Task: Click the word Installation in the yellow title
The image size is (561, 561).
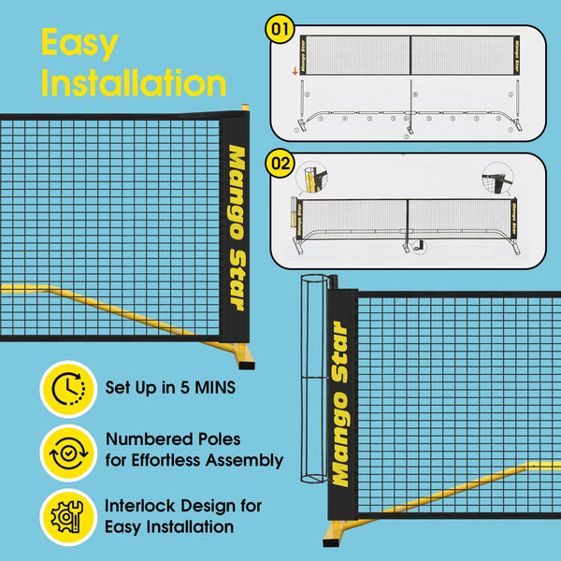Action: (134, 82)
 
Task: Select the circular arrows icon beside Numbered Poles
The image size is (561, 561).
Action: (68, 451)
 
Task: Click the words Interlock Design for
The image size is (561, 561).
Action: (183, 506)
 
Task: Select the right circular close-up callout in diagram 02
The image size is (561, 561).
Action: (496, 177)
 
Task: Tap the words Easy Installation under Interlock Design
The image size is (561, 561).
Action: (170, 527)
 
